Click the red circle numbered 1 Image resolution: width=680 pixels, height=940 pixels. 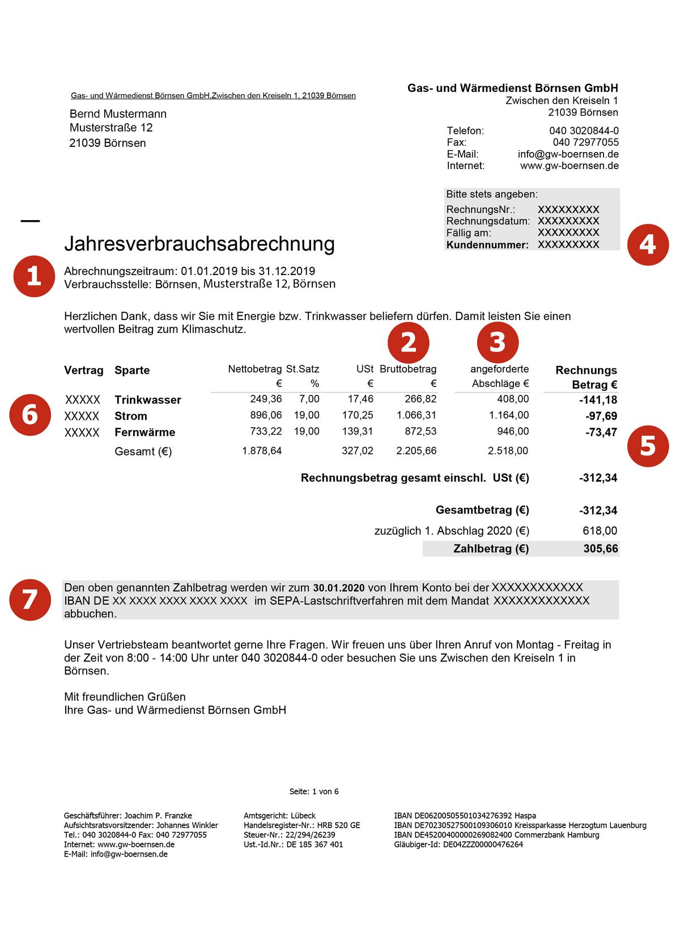click(x=33, y=276)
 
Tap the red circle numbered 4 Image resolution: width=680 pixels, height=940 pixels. click(x=648, y=245)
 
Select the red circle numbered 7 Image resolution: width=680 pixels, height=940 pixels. click(x=30, y=600)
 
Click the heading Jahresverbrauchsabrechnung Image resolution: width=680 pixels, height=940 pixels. click(x=199, y=244)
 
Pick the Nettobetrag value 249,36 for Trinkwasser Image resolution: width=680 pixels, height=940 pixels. click(x=266, y=399)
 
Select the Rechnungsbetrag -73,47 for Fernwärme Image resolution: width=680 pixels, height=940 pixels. click(x=601, y=432)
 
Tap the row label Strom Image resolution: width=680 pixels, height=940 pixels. click(x=130, y=416)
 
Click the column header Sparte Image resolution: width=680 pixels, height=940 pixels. click(x=132, y=370)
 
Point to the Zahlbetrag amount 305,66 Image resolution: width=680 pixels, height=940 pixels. click(x=601, y=549)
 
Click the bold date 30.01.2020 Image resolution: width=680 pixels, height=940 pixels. click(x=339, y=588)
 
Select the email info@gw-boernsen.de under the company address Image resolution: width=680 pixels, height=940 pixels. click(x=568, y=154)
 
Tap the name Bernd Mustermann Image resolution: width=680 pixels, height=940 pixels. click(x=118, y=114)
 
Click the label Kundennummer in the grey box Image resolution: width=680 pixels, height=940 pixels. click(x=487, y=245)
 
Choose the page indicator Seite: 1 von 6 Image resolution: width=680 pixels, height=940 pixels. click(x=314, y=791)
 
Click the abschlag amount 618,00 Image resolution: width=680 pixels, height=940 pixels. click(x=600, y=531)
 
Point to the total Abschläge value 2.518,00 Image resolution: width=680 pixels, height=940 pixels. click(x=508, y=451)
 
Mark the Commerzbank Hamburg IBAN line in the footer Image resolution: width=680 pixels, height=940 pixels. click(x=496, y=835)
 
